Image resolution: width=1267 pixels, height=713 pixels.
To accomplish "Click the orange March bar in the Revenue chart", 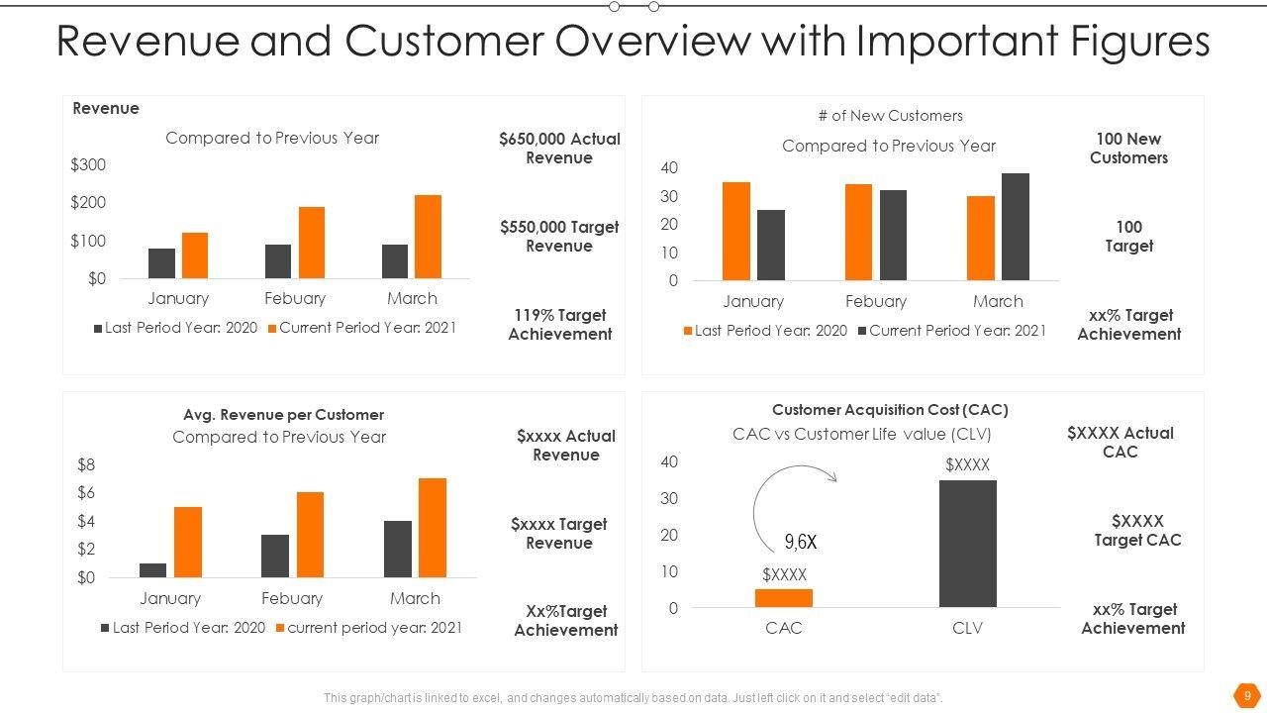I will (x=428, y=237).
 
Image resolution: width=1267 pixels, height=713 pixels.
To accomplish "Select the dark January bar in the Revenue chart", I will (x=161, y=263).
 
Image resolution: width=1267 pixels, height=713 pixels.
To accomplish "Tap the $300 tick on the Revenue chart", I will (x=88, y=164).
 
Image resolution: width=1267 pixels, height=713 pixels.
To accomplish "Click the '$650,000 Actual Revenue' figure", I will (x=559, y=149).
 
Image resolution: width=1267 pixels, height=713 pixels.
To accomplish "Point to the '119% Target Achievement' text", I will (x=560, y=325).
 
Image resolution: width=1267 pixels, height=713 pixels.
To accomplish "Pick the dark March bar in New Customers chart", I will (x=1016, y=227).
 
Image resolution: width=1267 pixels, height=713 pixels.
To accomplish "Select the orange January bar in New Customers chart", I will (x=736, y=231).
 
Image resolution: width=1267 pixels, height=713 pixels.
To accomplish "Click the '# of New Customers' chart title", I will (x=890, y=116).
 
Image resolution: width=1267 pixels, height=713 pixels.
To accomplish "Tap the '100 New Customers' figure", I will (x=1128, y=149).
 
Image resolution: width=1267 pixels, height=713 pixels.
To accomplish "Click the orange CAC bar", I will (x=784, y=598).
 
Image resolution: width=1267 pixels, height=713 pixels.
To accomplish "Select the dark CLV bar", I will (x=967, y=544).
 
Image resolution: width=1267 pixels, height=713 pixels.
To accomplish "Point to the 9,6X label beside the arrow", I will (x=801, y=542).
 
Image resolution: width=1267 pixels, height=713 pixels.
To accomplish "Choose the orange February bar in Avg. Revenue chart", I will (x=310, y=535).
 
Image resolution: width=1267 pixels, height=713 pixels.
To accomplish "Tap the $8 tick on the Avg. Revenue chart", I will (x=86, y=464).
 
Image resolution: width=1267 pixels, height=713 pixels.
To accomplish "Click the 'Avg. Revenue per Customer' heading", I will (x=283, y=415).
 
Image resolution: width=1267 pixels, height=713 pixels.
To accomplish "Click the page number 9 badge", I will (x=1247, y=694).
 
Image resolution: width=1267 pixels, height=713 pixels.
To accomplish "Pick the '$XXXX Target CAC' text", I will (x=1137, y=531).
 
